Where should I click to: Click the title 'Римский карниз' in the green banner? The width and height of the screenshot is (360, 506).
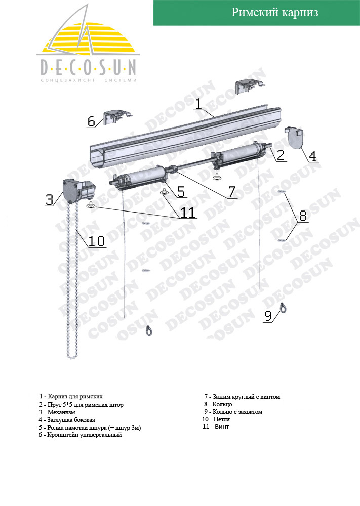click(275, 12)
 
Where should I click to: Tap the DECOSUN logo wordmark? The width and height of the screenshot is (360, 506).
click(88, 68)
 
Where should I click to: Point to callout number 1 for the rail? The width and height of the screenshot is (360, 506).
click(198, 104)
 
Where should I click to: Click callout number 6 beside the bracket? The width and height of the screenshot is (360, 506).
click(91, 121)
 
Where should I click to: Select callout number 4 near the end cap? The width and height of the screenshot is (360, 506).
click(312, 156)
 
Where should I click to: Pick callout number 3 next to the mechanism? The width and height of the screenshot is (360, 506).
click(49, 199)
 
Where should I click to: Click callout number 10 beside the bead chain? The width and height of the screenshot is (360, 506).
click(97, 241)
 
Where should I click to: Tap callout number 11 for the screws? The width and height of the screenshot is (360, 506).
click(187, 213)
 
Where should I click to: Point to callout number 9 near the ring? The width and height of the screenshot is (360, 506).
click(268, 316)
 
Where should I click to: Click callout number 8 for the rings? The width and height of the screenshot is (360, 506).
click(303, 216)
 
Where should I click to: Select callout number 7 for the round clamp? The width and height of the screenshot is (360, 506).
click(232, 192)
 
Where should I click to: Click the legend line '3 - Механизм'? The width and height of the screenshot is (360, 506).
click(57, 412)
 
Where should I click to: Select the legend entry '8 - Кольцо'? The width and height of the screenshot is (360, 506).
click(218, 404)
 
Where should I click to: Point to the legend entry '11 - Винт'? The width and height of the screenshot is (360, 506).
click(216, 426)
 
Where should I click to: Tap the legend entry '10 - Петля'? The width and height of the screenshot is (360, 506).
click(216, 419)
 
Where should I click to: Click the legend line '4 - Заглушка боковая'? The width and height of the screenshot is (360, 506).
click(67, 420)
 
